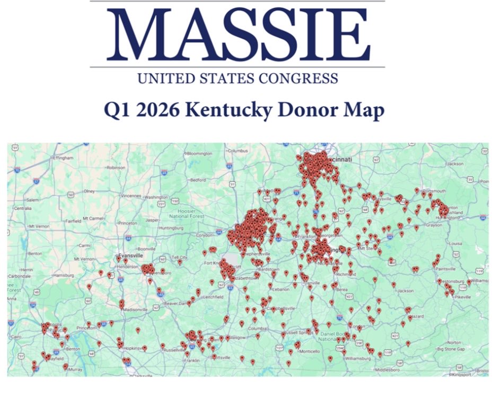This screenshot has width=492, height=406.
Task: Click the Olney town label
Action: (89, 191)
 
